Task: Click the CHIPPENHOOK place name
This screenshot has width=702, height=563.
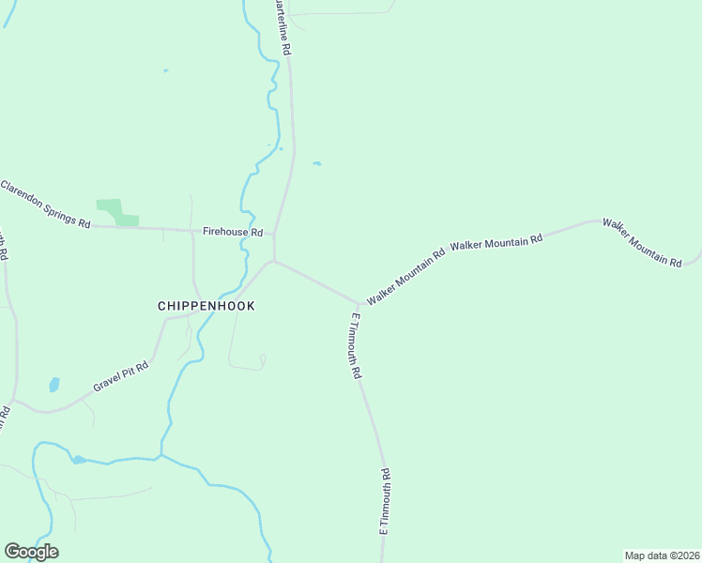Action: [x=206, y=306]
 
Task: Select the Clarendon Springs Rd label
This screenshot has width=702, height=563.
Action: [x=45, y=205]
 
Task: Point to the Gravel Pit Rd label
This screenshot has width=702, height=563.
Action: [x=121, y=377]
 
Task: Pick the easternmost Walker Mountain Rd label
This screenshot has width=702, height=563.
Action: [x=642, y=242]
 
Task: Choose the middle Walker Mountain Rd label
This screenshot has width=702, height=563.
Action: [x=496, y=241]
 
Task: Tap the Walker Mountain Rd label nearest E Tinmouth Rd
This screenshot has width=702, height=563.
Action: [x=406, y=277]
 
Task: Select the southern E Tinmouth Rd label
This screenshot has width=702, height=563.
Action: [x=384, y=501]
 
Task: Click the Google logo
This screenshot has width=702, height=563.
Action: [x=31, y=552]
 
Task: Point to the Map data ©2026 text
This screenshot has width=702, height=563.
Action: [x=662, y=555]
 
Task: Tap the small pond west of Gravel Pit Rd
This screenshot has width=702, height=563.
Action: [x=53, y=385]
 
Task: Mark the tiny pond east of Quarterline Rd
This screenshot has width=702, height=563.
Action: [x=317, y=164]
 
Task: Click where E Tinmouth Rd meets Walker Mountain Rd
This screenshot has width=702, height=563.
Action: [x=359, y=304]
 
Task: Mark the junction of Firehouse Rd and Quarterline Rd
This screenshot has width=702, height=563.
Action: [x=274, y=235]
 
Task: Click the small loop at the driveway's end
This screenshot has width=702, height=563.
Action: [x=264, y=358]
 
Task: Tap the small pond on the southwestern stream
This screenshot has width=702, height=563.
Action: [x=79, y=459]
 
